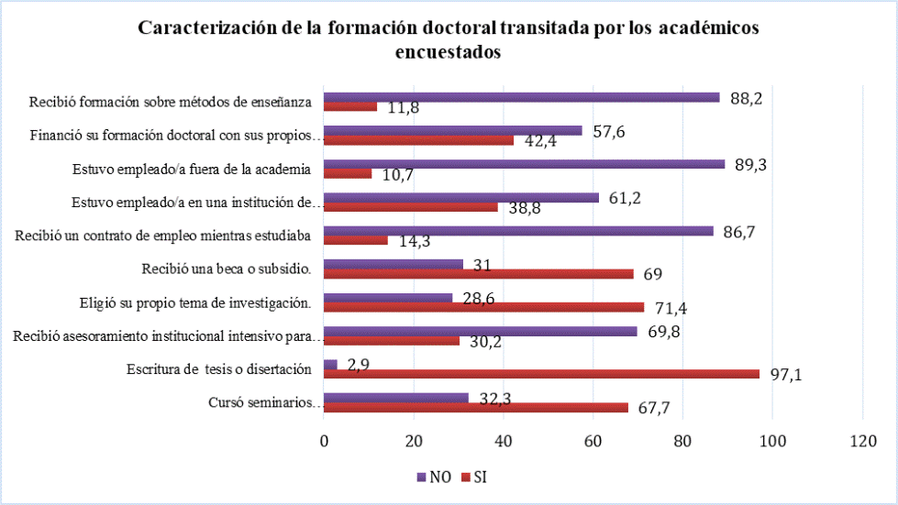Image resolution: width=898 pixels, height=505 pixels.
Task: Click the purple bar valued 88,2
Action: click(521, 97)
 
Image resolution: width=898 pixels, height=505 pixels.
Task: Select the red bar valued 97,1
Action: click(541, 374)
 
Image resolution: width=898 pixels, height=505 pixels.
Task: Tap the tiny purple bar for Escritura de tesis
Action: click(330, 365)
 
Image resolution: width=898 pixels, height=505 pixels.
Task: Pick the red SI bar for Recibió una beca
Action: click(478, 274)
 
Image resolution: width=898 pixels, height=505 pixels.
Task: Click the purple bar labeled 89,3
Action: click(524, 164)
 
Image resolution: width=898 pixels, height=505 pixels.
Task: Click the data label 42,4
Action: click(538, 141)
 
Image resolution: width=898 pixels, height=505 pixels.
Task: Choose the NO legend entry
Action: click(436, 477)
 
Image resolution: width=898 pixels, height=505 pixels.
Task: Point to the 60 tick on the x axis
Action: click(593, 441)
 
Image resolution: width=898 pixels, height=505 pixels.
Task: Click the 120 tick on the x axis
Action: click(862, 441)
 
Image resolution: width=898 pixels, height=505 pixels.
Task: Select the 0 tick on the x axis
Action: click(324, 441)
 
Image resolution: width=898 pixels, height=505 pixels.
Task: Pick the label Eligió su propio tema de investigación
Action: click(194, 302)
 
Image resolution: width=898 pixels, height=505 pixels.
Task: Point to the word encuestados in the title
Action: click(448, 52)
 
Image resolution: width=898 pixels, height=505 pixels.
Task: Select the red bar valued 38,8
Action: click(411, 207)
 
